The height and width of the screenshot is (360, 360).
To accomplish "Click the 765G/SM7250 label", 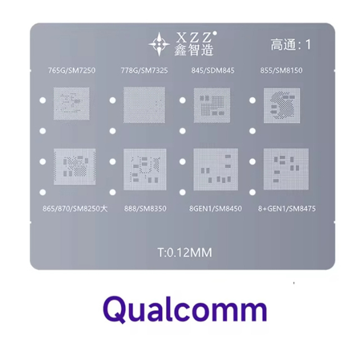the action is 71,70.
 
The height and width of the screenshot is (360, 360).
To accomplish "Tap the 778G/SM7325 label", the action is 144,70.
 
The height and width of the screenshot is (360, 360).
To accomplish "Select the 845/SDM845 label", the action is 213,70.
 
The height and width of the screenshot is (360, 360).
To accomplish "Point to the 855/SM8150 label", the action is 281,70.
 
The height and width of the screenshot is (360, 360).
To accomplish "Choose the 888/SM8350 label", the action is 145,209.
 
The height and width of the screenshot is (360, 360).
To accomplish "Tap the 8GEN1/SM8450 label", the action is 215,209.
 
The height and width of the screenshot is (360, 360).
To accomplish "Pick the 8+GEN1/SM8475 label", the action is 287,209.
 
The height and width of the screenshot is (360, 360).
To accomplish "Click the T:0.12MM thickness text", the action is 185,253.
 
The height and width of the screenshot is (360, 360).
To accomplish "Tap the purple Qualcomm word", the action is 185,309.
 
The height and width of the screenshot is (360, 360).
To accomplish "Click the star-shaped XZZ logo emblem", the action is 159,44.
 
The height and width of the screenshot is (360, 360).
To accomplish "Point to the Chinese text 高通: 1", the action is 291,44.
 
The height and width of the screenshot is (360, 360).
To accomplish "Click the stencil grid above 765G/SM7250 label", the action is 71,103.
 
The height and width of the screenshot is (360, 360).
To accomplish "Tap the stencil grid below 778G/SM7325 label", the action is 144,105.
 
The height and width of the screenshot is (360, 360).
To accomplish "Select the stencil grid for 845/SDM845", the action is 212,105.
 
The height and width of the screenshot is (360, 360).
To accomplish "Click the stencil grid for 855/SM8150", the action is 282,105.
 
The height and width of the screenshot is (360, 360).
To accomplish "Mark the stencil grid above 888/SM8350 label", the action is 145,169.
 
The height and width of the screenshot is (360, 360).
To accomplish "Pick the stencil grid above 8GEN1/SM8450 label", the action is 215,169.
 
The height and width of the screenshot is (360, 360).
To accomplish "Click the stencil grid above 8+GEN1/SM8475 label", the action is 286,169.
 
